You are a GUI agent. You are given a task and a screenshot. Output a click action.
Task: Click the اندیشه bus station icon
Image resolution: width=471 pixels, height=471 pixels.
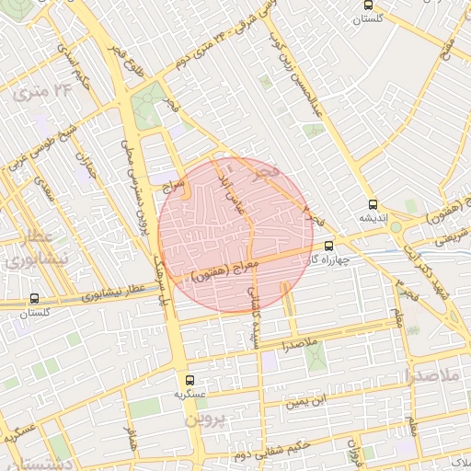[372, 205]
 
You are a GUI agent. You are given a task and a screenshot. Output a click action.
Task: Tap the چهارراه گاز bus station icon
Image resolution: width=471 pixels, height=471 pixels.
[329, 246]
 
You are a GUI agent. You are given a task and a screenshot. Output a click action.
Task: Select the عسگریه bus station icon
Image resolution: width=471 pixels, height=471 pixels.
[190, 379]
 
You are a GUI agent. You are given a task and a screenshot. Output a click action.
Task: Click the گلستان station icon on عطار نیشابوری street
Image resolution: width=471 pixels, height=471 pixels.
[34, 299]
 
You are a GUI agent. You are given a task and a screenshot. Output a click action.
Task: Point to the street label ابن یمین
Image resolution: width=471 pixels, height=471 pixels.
[305, 401]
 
